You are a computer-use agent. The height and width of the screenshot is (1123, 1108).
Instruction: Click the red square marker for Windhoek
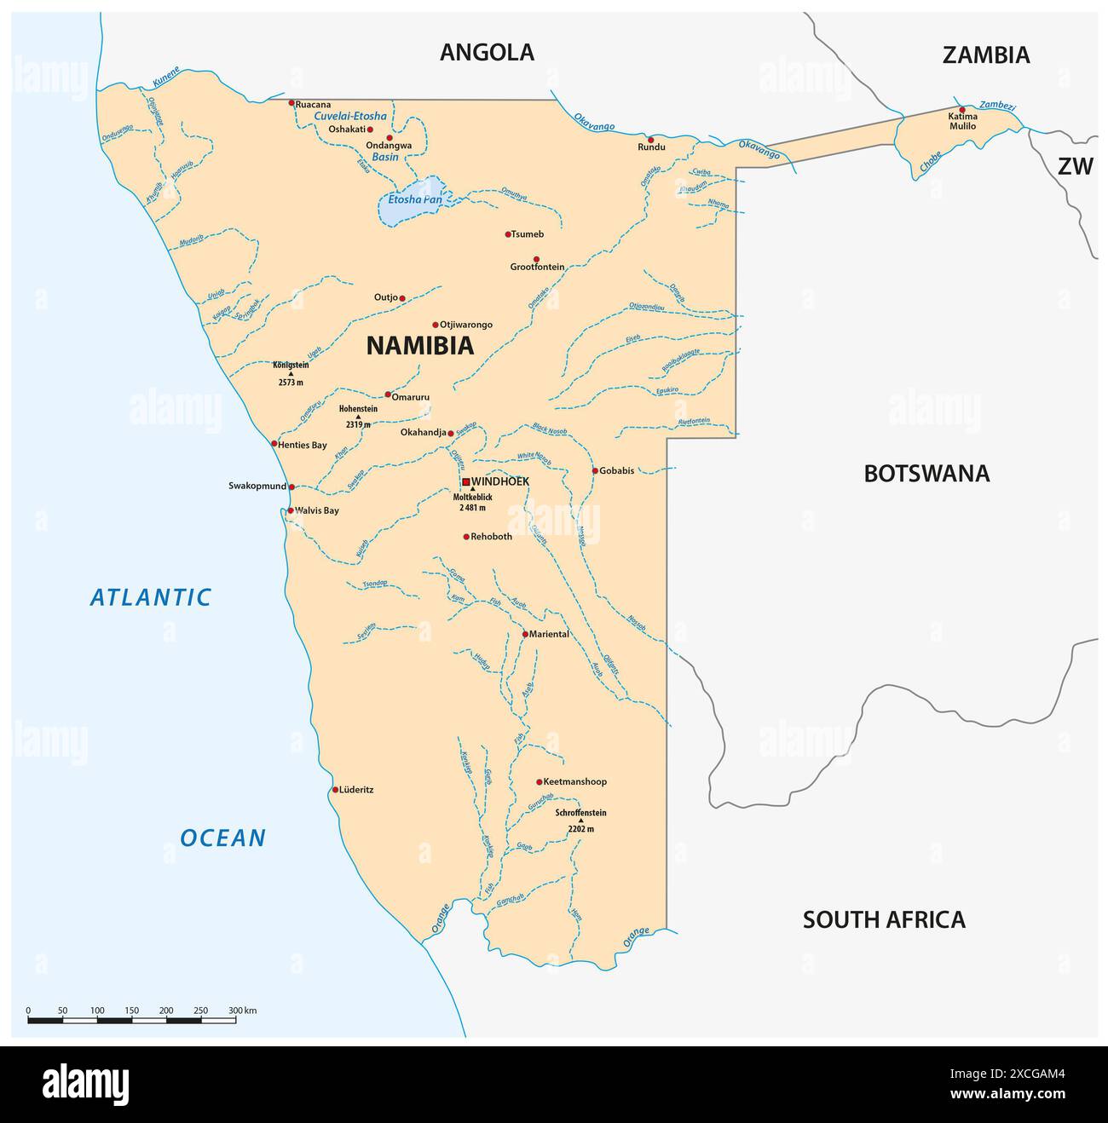[465, 481]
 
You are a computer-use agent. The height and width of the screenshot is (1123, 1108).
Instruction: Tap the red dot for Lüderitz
[335, 790]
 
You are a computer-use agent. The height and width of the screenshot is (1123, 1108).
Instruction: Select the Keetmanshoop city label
[575, 781]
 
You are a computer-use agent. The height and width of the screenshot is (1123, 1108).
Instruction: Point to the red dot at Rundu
[650, 140]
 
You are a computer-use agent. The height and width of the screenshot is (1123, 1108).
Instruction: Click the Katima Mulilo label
[962, 121]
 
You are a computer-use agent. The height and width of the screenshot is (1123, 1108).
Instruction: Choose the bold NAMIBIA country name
[419, 346]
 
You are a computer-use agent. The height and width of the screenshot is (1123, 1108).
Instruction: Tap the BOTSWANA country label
[926, 474]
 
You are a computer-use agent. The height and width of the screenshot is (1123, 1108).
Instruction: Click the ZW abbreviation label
[1075, 167]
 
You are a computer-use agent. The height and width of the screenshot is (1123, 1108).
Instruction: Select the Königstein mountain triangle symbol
[291, 373]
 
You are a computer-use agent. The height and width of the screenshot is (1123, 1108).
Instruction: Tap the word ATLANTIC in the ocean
[151, 597]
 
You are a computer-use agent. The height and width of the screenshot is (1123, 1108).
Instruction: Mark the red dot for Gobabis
[595, 470]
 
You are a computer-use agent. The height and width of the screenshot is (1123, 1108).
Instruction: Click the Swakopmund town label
[257, 487]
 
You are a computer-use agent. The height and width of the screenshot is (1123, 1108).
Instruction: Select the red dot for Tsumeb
[508, 234]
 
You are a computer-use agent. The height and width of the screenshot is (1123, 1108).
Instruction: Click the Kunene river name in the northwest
[166, 78]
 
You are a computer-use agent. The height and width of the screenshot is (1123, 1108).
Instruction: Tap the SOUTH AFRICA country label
[884, 919]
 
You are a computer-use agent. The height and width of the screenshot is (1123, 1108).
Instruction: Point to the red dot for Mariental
[525, 634]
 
